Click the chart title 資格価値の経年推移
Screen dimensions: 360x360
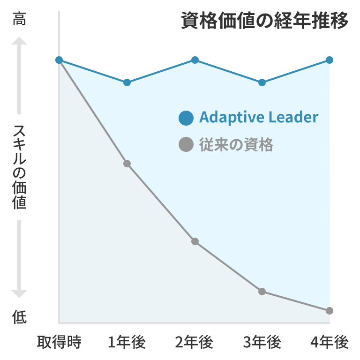(265, 21)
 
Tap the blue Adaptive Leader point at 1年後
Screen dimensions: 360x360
(127, 82)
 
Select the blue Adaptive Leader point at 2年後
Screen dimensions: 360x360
(195, 60)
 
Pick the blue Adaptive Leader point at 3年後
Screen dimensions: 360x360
(262, 82)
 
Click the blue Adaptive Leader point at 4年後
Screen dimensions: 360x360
(330, 60)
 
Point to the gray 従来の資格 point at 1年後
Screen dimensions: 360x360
(127, 164)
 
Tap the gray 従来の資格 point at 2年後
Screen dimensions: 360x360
(195, 241)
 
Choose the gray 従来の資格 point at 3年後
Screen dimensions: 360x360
(262, 292)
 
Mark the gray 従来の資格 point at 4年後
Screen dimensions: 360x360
(330, 310)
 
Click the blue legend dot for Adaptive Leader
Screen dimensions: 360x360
(186, 118)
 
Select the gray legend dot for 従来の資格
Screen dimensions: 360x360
(186, 145)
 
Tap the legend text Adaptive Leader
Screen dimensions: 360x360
(259, 117)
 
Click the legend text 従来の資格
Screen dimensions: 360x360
(236, 145)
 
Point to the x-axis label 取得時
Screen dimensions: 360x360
(60, 343)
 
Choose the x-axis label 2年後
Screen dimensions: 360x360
(195, 343)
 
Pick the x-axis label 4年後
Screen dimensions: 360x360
(330, 343)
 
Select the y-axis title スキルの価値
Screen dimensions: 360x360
(19, 167)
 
